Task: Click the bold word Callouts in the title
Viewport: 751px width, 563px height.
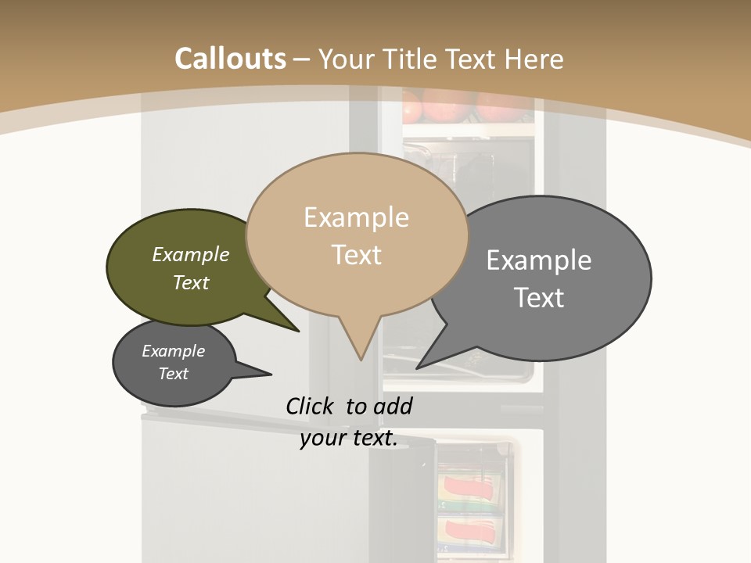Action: [x=230, y=59]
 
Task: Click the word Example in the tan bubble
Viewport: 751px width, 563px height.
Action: [x=356, y=217]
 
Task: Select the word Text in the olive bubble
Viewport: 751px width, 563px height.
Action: [x=191, y=283]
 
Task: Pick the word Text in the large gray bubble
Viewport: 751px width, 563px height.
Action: [x=539, y=298]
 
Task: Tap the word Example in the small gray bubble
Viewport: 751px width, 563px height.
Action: [x=173, y=351]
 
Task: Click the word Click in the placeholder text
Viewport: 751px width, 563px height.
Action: [x=310, y=406]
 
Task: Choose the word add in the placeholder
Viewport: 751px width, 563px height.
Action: [x=393, y=406]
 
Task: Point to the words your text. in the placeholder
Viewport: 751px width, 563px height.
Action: [x=349, y=438]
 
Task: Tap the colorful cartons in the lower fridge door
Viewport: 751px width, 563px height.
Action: [x=469, y=508]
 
